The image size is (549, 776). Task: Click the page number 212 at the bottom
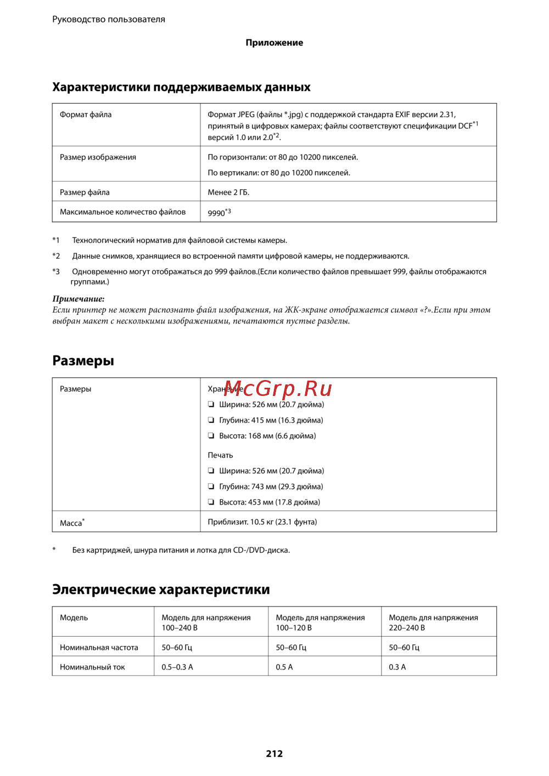pos(274,754)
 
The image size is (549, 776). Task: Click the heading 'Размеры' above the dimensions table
pos(83,360)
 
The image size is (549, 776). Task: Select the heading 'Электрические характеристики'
pos(161,589)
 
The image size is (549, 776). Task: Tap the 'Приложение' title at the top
pos(274,43)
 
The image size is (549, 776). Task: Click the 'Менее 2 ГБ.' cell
pos(228,192)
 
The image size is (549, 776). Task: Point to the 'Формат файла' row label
pos(86,115)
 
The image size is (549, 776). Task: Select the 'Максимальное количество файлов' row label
pos(122,212)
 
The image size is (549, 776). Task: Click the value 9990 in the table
pos(217,213)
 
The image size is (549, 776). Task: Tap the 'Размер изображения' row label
pos(98,157)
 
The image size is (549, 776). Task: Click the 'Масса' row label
pos(71,523)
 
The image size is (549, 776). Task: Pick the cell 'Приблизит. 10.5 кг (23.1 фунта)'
pos(262,522)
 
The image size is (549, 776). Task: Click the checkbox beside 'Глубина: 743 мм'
pos(211,486)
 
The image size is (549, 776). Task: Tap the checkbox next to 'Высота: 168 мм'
pos(211,436)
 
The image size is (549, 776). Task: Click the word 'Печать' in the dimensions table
pos(220,455)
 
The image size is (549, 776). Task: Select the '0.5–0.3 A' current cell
pos(177,667)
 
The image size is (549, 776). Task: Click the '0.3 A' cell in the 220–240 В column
pos(397,667)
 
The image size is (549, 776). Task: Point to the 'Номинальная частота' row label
pos(99,647)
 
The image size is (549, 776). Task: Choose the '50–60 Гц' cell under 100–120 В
pos(291,647)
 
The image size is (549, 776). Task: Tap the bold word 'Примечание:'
pos(78,299)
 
